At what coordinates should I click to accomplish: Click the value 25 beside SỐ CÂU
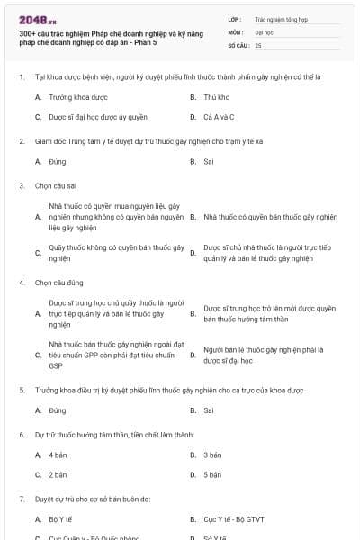(258, 45)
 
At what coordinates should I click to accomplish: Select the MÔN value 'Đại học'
(264, 31)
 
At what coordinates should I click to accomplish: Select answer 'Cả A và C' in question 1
(220, 117)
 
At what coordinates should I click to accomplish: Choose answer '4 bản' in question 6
(58, 455)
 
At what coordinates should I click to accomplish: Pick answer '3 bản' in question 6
(212, 455)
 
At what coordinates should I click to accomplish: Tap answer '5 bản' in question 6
(212, 474)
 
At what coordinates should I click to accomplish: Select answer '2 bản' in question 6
(58, 474)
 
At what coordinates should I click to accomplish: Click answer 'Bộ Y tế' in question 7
(61, 519)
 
